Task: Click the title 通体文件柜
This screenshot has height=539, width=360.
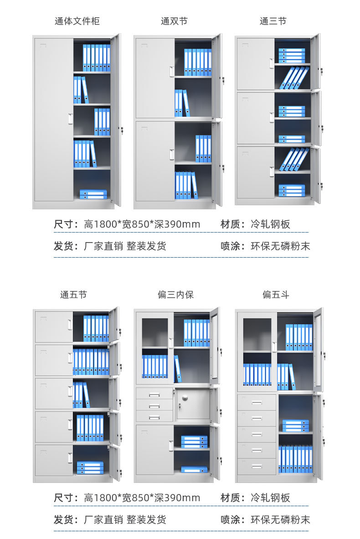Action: [x=77, y=21]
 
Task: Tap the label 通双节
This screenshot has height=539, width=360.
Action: [x=174, y=21]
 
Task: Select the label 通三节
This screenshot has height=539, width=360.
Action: [x=273, y=21]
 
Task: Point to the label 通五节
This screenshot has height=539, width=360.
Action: [x=73, y=295]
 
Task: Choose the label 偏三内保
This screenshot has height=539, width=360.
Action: [x=175, y=295]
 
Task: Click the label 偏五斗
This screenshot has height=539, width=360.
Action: [x=276, y=295]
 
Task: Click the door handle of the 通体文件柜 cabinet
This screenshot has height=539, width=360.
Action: [x=70, y=118]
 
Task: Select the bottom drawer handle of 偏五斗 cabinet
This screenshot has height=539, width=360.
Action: [x=257, y=466]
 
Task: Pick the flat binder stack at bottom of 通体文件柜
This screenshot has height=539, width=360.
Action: [x=93, y=194]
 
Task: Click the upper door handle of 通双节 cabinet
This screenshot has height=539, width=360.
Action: [x=171, y=72]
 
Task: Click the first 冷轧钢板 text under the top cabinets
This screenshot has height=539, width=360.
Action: [x=270, y=224]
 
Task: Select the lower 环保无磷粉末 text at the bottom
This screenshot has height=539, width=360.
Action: [x=280, y=519]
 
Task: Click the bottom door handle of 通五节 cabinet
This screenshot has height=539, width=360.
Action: [x=70, y=457]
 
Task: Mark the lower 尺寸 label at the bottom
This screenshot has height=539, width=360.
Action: [x=63, y=498]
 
